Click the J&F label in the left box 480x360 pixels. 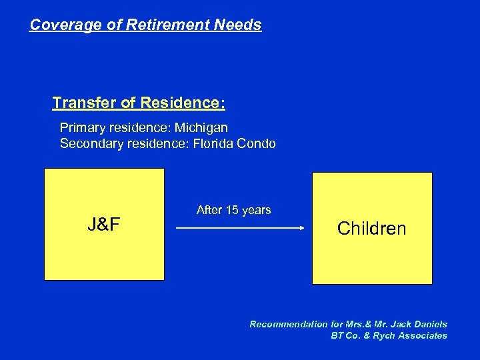point(104,225)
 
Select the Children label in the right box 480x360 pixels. point(371,229)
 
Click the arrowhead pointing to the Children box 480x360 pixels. point(301,228)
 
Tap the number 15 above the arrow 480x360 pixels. point(233,210)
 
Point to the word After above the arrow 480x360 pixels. point(209,210)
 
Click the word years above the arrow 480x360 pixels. point(257,210)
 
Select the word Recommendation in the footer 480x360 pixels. point(289,324)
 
